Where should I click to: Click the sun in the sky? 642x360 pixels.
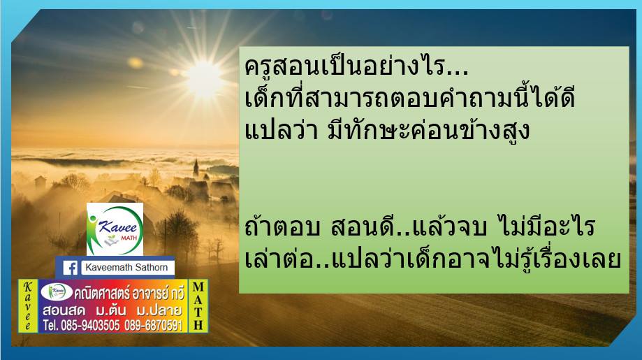click(x=203, y=77)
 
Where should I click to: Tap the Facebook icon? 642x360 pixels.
click(x=70, y=268)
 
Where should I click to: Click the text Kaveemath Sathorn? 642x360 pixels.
click(x=126, y=268)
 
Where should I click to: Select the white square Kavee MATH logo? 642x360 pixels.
click(x=115, y=229)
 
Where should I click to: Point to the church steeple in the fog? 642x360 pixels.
click(x=196, y=168)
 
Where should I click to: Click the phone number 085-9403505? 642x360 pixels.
click(x=90, y=326)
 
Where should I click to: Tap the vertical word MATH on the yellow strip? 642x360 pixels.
click(x=198, y=305)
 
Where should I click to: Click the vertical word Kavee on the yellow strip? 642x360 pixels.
click(x=28, y=305)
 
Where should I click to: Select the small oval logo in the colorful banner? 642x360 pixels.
click(x=57, y=291)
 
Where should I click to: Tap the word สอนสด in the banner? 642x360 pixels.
click(x=64, y=310)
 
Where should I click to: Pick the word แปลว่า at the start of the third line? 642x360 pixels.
click(x=281, y=131)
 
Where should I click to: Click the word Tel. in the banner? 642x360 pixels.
click(x=51, y=326)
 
